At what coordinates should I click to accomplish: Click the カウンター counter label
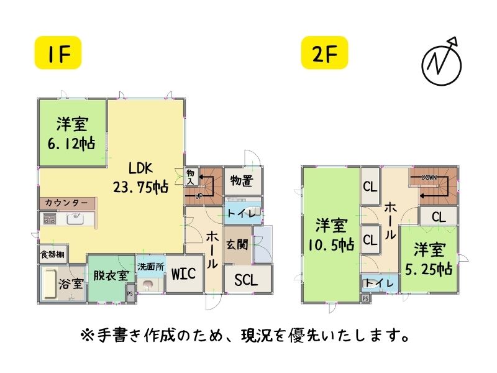click(66, 203)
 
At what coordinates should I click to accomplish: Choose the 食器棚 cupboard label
click(53, 254)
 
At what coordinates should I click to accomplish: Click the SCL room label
click(247, 279)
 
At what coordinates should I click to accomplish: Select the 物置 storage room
click(241, 181)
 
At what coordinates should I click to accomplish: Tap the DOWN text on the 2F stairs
click(429, 177)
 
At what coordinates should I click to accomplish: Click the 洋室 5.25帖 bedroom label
click(431, 260)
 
